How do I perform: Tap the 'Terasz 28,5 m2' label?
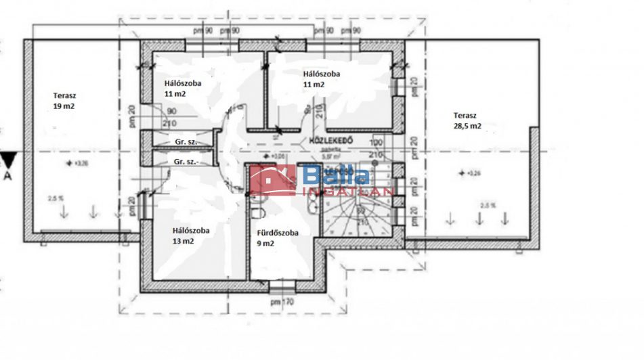[x=468, y=120]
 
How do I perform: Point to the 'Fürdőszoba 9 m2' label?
[x=278, y=238]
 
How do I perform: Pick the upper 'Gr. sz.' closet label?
[x=185, y=143]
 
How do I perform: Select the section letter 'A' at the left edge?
[x=8, y=177]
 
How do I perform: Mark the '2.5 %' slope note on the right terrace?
[x=488, y=205]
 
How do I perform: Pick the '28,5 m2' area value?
[x=468, y=125]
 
